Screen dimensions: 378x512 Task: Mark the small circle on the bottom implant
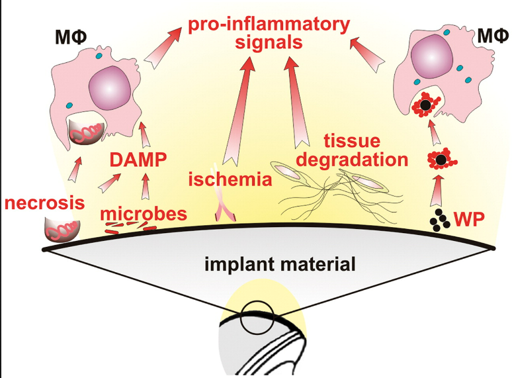point(255,318)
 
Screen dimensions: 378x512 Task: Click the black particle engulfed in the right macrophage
point(427,105)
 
